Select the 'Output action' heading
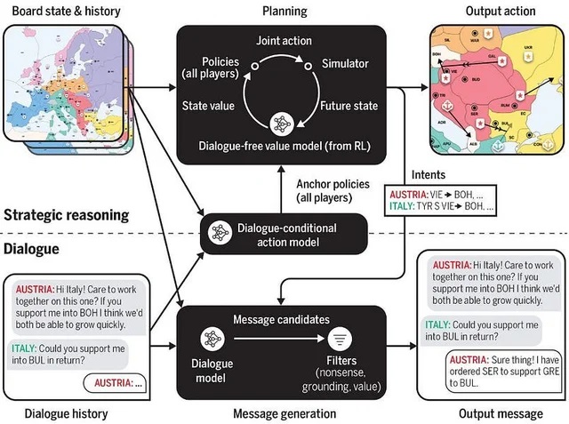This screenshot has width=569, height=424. (x=501, y=11)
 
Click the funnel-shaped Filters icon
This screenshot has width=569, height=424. (x=341, y=338)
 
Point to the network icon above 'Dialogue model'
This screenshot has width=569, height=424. (x=212, y=338)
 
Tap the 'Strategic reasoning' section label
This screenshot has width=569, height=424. (x=67, y=215)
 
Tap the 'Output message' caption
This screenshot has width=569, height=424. (x=501, y=413)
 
